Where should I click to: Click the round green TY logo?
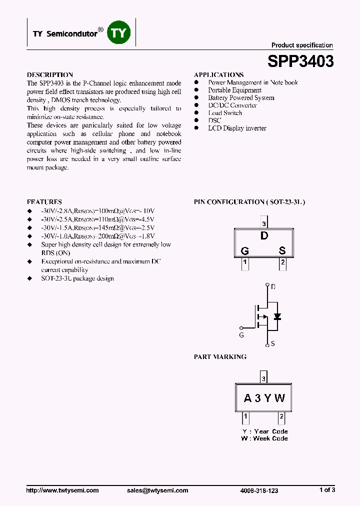click(119, 33)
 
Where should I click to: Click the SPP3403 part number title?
click(300, 61)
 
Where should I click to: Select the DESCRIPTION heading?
click(50, 74)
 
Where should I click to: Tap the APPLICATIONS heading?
click(218, 74)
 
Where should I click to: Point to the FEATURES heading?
click(44, 201)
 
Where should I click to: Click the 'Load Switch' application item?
click(225, 112)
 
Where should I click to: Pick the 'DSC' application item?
click(214, 120)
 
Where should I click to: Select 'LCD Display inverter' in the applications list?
click(237, 128)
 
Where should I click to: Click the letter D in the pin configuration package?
click(264, 236)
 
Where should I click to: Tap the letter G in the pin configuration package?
click(245, 250)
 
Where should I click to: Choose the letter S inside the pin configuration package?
click(282, 250)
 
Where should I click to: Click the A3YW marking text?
click(264, 398)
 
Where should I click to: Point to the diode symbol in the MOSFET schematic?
click(277, 316)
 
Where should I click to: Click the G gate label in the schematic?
click(241, 335)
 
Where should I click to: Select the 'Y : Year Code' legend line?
click(264, 431)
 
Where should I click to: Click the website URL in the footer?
click(62, 490)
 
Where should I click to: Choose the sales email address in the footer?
click(157, 490)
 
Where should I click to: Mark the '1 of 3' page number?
click(327, 490)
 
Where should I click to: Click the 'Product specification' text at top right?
click(302, 45)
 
